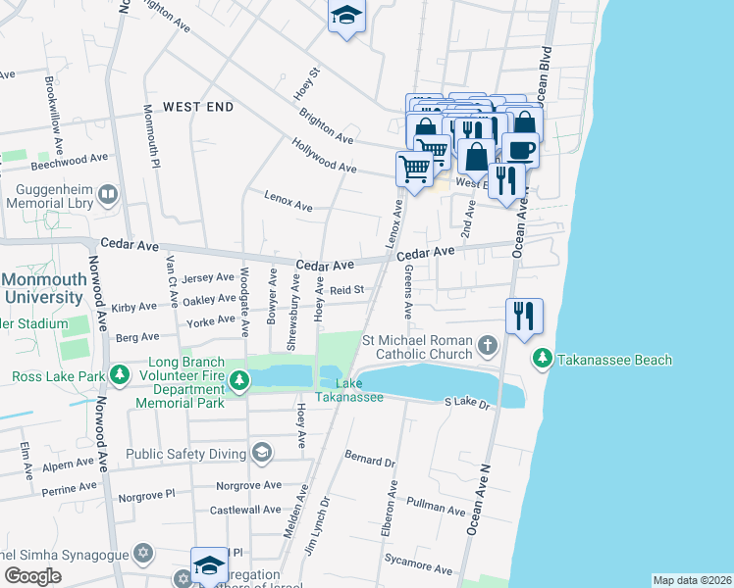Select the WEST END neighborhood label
tap(197, 106)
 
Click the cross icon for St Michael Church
tap(488, 345)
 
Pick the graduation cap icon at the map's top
tap(346, 16)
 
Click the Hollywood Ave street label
tap(323, 155)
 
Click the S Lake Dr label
tap(467, 402)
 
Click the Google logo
tap(32, 576)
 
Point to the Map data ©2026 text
tap(692, 580)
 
